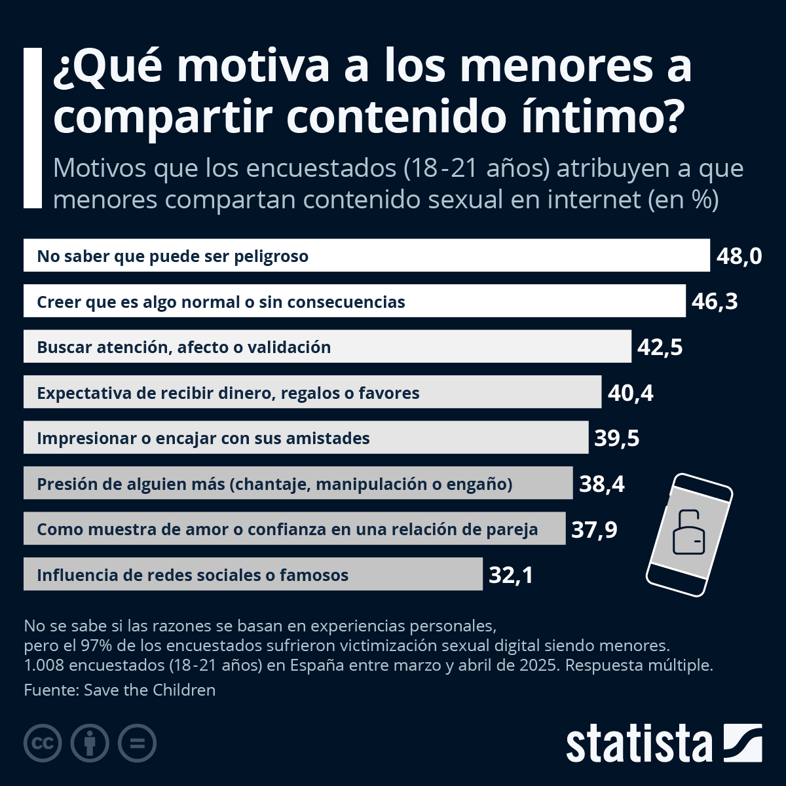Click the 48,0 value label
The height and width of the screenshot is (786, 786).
[x=739, y=257]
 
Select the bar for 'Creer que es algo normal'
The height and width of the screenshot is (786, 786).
[x=354, y=301]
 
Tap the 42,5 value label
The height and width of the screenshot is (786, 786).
[x=660, y=347]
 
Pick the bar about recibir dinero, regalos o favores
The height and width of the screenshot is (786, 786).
[x=312, y=392]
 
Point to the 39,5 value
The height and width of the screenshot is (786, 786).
[x=617, y=438]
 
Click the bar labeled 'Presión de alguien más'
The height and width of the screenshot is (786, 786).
[x=298, y=483]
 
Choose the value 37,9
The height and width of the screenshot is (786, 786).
[x=594, y=529]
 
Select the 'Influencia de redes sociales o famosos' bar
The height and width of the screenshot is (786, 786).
[x=253, y=574]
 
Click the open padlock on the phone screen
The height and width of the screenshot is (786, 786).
[x=689, y=533]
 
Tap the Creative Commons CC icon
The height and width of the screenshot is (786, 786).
[x=43, y=743]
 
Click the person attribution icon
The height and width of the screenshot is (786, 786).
[x=90, y=743]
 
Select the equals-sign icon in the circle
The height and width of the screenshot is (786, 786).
[x=137, y=743]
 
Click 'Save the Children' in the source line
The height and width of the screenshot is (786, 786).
[x=150, y=690]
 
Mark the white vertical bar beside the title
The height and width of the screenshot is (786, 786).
[x=33, y=128]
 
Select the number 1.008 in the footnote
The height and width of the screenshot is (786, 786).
[x=44, y=665]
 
